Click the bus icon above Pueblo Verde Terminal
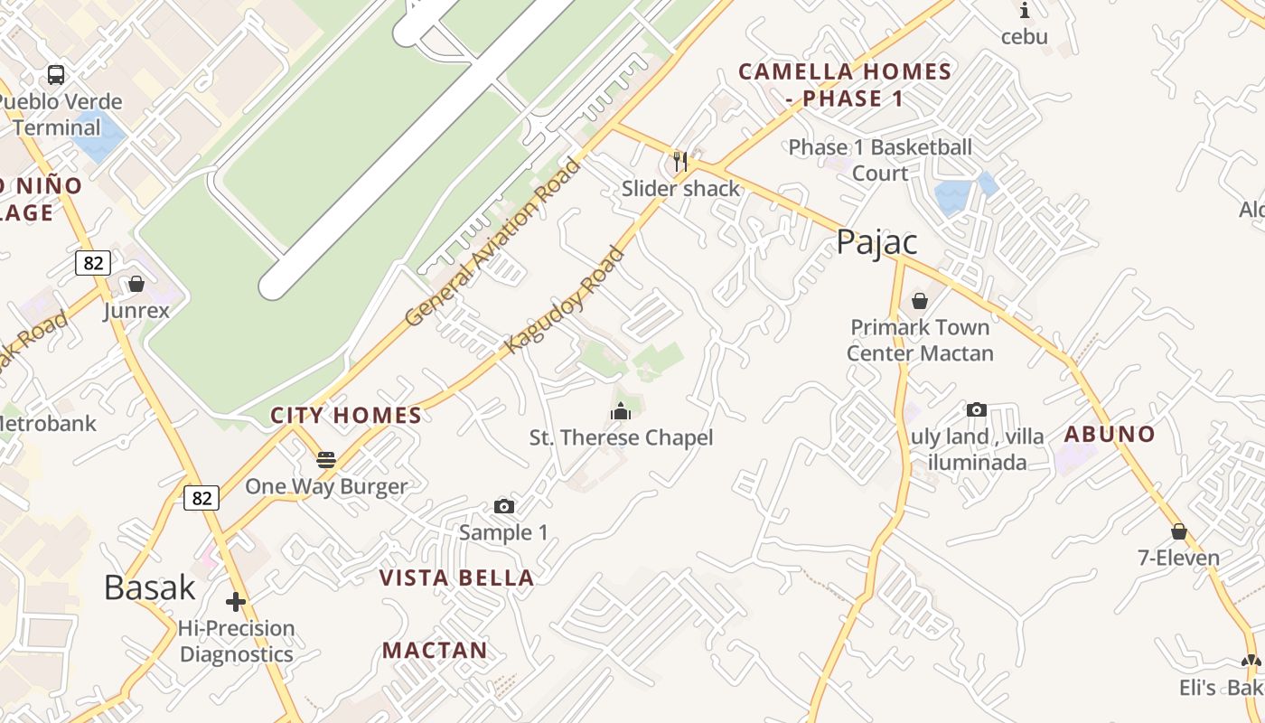[56, 74]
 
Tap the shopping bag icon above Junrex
[136, 285]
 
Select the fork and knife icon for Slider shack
[680, 162]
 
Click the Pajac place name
[876, 242]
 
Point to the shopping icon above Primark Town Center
[920, 301]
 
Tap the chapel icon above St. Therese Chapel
[621, 412]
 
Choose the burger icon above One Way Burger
[326, 460]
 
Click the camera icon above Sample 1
[504, 507]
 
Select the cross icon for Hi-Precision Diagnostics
[236, 602]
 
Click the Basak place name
[150, 587]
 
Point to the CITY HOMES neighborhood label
[346, 416]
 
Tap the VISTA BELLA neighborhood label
[456, 578]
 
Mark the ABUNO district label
[1110, 434]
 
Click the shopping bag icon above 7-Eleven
[1178, 531]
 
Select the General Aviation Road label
[492, 242]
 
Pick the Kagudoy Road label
[566, 299]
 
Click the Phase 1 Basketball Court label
[880, 160]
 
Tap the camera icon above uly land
[976, 410]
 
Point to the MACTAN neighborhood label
[435, 650]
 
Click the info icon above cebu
[1025, 11]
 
